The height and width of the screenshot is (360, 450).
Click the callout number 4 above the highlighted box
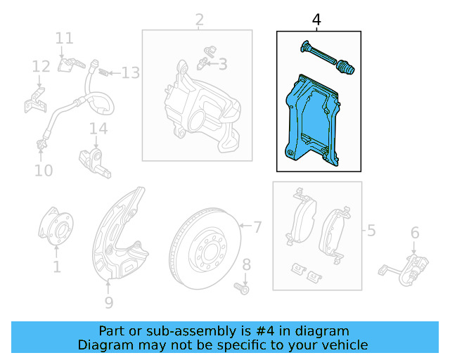316,20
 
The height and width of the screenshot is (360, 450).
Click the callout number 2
200,20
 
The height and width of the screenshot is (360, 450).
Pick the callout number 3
223,65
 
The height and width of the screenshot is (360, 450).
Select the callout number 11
65,38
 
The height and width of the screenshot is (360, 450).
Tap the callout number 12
41,67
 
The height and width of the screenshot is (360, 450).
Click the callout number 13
131,72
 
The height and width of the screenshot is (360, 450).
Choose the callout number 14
98,129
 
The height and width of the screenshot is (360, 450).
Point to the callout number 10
44,170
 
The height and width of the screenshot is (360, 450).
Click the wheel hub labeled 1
56,229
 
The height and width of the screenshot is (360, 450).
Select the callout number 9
108,303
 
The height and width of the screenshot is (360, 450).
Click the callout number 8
246,264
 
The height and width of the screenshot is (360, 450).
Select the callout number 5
371,230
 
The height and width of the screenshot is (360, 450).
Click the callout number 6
415,233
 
